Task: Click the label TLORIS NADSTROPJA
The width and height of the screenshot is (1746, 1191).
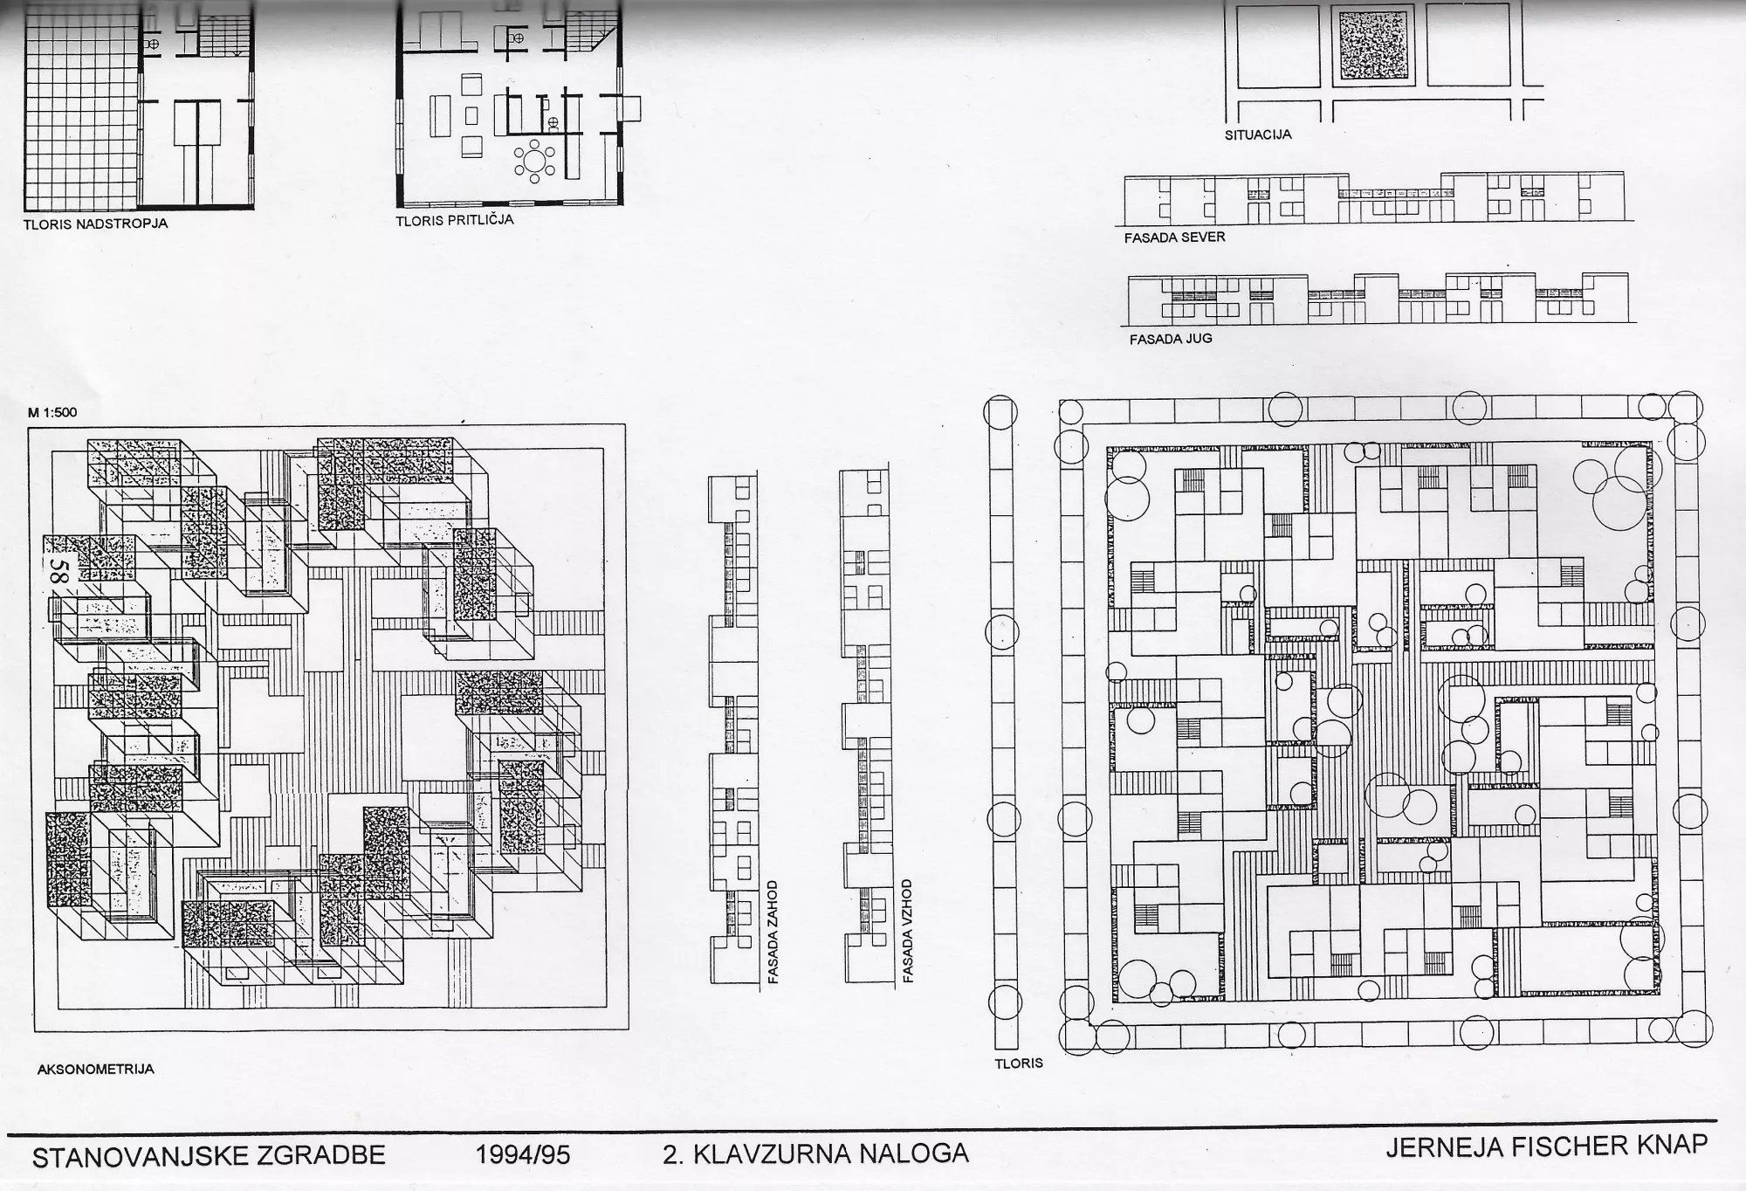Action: point(95,224)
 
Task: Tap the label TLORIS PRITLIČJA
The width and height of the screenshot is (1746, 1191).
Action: point(455,220)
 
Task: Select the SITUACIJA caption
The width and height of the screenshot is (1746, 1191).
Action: point(1258,135)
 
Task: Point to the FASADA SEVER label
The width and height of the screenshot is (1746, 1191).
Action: point(1174,237)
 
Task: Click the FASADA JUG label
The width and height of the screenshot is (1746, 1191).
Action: point(1171,339)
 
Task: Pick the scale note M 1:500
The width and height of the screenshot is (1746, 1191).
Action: point(52,412)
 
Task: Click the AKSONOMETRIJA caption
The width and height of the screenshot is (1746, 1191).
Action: point(96,1069)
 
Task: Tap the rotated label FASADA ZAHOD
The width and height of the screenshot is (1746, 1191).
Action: point(773,932)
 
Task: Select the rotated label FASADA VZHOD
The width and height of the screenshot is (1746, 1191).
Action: point(908,931)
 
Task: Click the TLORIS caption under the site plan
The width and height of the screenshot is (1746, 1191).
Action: point(1019,1064)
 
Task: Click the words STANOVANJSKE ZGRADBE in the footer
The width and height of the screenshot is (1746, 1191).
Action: point(209,1155)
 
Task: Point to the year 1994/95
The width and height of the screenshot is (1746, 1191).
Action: point(523,1155)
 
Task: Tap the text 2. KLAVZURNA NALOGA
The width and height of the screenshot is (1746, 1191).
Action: point(815,1153)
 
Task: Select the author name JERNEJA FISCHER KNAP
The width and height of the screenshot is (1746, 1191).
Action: point(1546,1146)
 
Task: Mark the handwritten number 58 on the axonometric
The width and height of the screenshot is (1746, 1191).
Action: point(59,572)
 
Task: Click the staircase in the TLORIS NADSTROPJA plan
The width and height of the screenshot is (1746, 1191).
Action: point(224,37)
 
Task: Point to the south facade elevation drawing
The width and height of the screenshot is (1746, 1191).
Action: point(1378,299)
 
